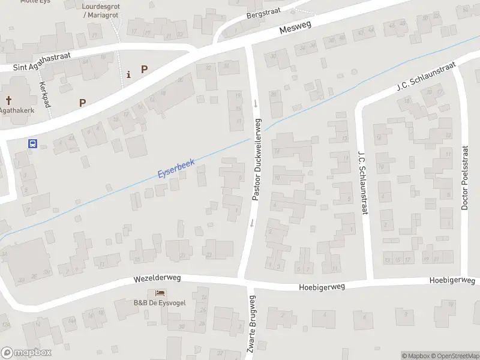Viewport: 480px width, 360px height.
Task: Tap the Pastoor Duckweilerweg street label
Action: pos(257,159)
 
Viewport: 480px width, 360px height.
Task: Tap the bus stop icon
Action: pos(34,143)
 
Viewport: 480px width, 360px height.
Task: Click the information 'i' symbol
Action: pos(128,74)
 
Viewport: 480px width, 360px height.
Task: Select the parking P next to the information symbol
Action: pos(144,69)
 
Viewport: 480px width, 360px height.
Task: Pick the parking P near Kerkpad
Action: pos(82,103)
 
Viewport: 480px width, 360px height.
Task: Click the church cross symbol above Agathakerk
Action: pos(9,100)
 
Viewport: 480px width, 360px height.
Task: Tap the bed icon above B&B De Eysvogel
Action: pos(160,293)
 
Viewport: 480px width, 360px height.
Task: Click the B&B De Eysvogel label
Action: pos(160,302)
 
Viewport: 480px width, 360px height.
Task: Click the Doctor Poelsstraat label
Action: pos(464,179)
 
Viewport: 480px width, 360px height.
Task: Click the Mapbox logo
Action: pos(26,353)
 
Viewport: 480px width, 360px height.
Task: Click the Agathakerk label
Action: pos(16,111)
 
